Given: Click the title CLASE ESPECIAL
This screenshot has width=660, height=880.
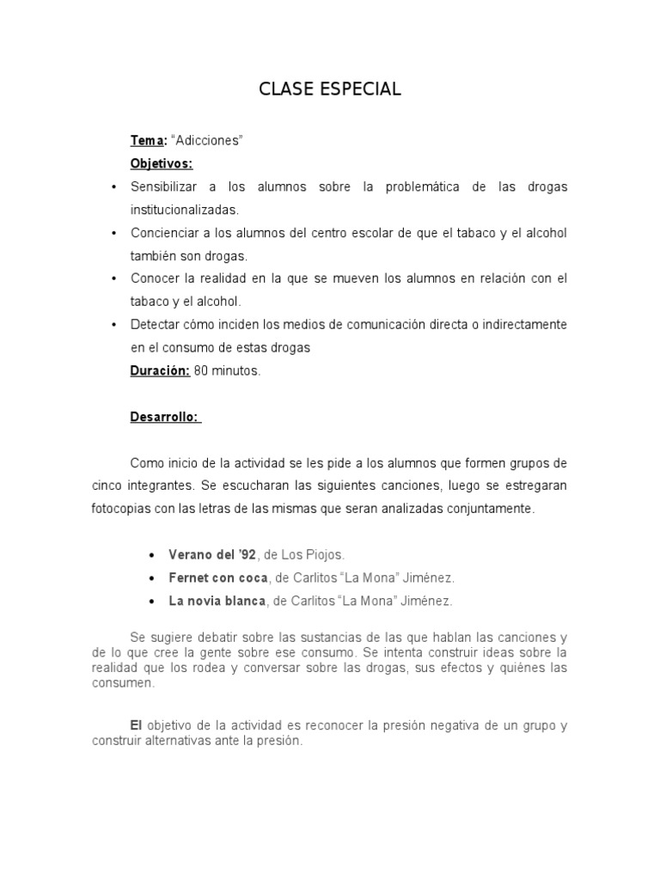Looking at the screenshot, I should (330, 89).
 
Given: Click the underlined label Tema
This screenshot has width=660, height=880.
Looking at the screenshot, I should (147, 140).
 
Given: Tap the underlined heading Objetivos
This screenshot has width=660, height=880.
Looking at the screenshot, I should (162, 163).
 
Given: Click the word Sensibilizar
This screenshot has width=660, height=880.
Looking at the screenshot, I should (163, 186).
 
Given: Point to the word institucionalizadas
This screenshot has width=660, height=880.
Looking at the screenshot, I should (185, 210).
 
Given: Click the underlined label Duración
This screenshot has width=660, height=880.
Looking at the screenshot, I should (159, 371).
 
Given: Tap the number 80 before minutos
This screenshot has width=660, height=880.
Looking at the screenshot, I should (201, 371).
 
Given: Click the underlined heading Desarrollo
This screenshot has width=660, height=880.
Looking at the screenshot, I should (165, 418).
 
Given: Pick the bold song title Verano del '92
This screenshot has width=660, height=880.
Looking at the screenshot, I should (207, 554).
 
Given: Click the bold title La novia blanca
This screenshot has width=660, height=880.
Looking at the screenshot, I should (217, 601).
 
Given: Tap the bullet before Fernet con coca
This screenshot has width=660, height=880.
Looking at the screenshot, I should (152, 578).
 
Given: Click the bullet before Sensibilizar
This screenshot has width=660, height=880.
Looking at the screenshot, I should (114, 187).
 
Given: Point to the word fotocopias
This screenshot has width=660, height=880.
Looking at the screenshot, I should (120, 509).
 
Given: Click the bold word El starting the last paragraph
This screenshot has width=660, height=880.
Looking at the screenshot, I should (136, 725).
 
